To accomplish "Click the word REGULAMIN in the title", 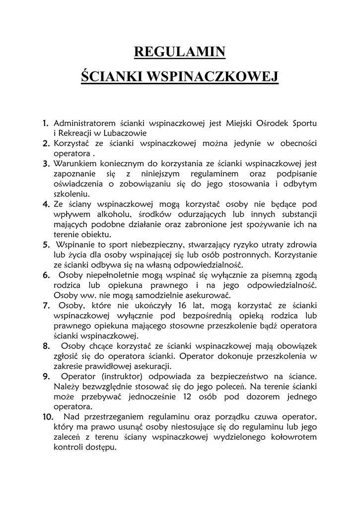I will tap(180, 52).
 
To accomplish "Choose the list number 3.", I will tap(45, 164).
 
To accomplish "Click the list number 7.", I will tap(45, 306).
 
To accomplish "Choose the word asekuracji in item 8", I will tap(149, 367).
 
